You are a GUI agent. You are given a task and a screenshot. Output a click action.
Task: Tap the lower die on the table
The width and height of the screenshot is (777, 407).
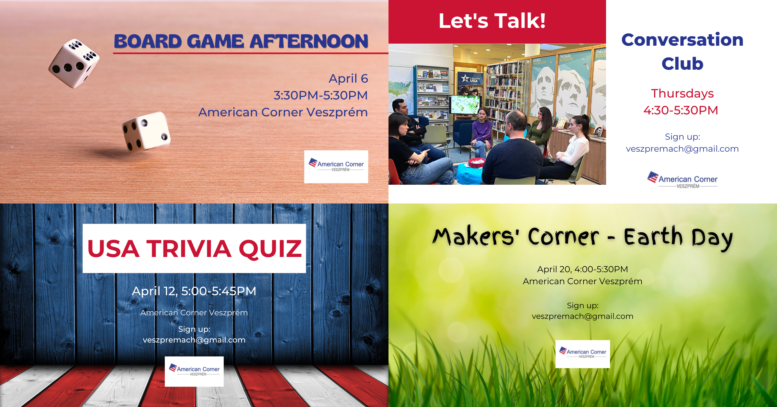[x=146, y=131]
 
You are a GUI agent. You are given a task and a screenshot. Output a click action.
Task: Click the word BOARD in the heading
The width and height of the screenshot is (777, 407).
[x=148, y=41]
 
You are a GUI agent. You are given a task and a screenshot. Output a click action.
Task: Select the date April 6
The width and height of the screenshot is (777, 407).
[x=348, y=79]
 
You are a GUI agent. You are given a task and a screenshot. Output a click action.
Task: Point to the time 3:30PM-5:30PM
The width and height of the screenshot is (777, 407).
[x=321, y=95]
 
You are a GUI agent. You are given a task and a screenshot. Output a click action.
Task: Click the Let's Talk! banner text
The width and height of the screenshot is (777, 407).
[x=492, y=21]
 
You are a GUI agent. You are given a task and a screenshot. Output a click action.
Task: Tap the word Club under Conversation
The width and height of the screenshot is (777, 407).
[x=682, y=64]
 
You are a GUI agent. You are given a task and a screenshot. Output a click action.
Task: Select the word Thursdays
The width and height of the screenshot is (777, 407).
[x=682, y=93]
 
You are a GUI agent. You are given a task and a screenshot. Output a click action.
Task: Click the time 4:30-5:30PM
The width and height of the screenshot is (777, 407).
[x=681, y=110]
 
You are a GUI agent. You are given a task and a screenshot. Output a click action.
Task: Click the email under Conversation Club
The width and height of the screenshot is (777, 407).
[x=682, y=149]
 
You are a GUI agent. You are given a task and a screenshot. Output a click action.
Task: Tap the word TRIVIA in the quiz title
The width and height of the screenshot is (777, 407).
[x=189, y=249]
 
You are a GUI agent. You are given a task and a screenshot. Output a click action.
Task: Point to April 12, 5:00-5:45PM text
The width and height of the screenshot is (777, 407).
[x=194, y=291]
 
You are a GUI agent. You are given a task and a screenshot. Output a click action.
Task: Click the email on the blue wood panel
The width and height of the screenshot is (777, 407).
[x=194, y=340]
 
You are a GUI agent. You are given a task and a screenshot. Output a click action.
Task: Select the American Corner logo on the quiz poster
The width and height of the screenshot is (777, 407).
[x=194, y=371]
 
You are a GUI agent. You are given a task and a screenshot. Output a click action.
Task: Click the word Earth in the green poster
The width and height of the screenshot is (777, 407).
[x=653, y=237]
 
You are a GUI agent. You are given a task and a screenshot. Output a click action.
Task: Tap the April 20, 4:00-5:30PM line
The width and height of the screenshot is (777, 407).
[x=582, y=269]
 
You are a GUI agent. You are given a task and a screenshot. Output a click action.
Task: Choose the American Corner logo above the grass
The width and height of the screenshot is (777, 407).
[x=583, y=354]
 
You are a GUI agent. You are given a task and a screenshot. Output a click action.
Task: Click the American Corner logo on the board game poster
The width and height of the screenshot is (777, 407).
[x=336, y=167]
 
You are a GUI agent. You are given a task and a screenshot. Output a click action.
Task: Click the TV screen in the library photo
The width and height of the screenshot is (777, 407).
[x=465, y=105]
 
